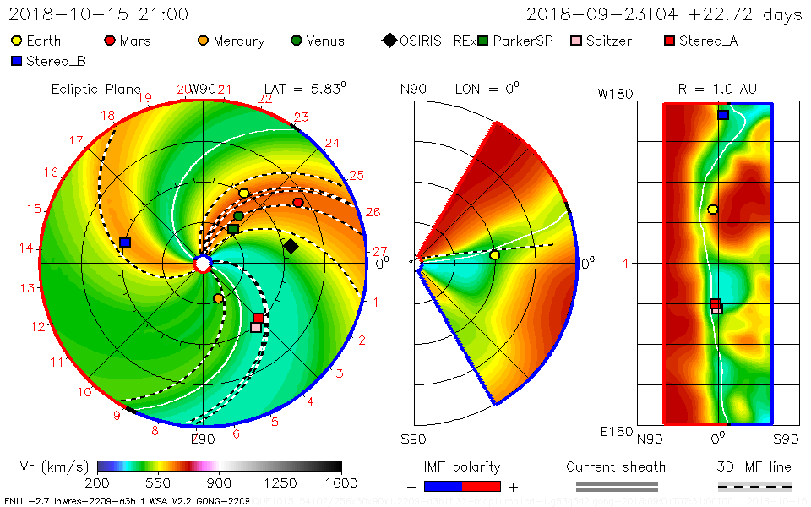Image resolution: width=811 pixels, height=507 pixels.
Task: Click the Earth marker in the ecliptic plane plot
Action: [x=244, y=194]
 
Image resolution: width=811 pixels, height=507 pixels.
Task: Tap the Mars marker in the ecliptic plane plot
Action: [x=298, y=203]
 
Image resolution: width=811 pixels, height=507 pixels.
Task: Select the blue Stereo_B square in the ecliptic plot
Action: [x=125, y=243]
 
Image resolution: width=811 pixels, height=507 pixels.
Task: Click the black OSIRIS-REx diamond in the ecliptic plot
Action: [x=291, y=246]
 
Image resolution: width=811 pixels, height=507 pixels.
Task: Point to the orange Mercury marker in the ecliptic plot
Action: [x=219, y=298]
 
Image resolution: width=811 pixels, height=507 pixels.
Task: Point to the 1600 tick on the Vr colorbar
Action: [x=341, y=482]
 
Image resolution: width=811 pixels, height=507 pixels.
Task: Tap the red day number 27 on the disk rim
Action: [x=379, y=252]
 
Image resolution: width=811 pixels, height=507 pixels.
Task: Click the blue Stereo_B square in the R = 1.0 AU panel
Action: [x=723, y=114]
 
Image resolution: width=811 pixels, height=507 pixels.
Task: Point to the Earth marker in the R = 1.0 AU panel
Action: [x=713, y=209]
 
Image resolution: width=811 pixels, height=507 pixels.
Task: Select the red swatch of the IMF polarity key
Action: [x=482, y=486]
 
